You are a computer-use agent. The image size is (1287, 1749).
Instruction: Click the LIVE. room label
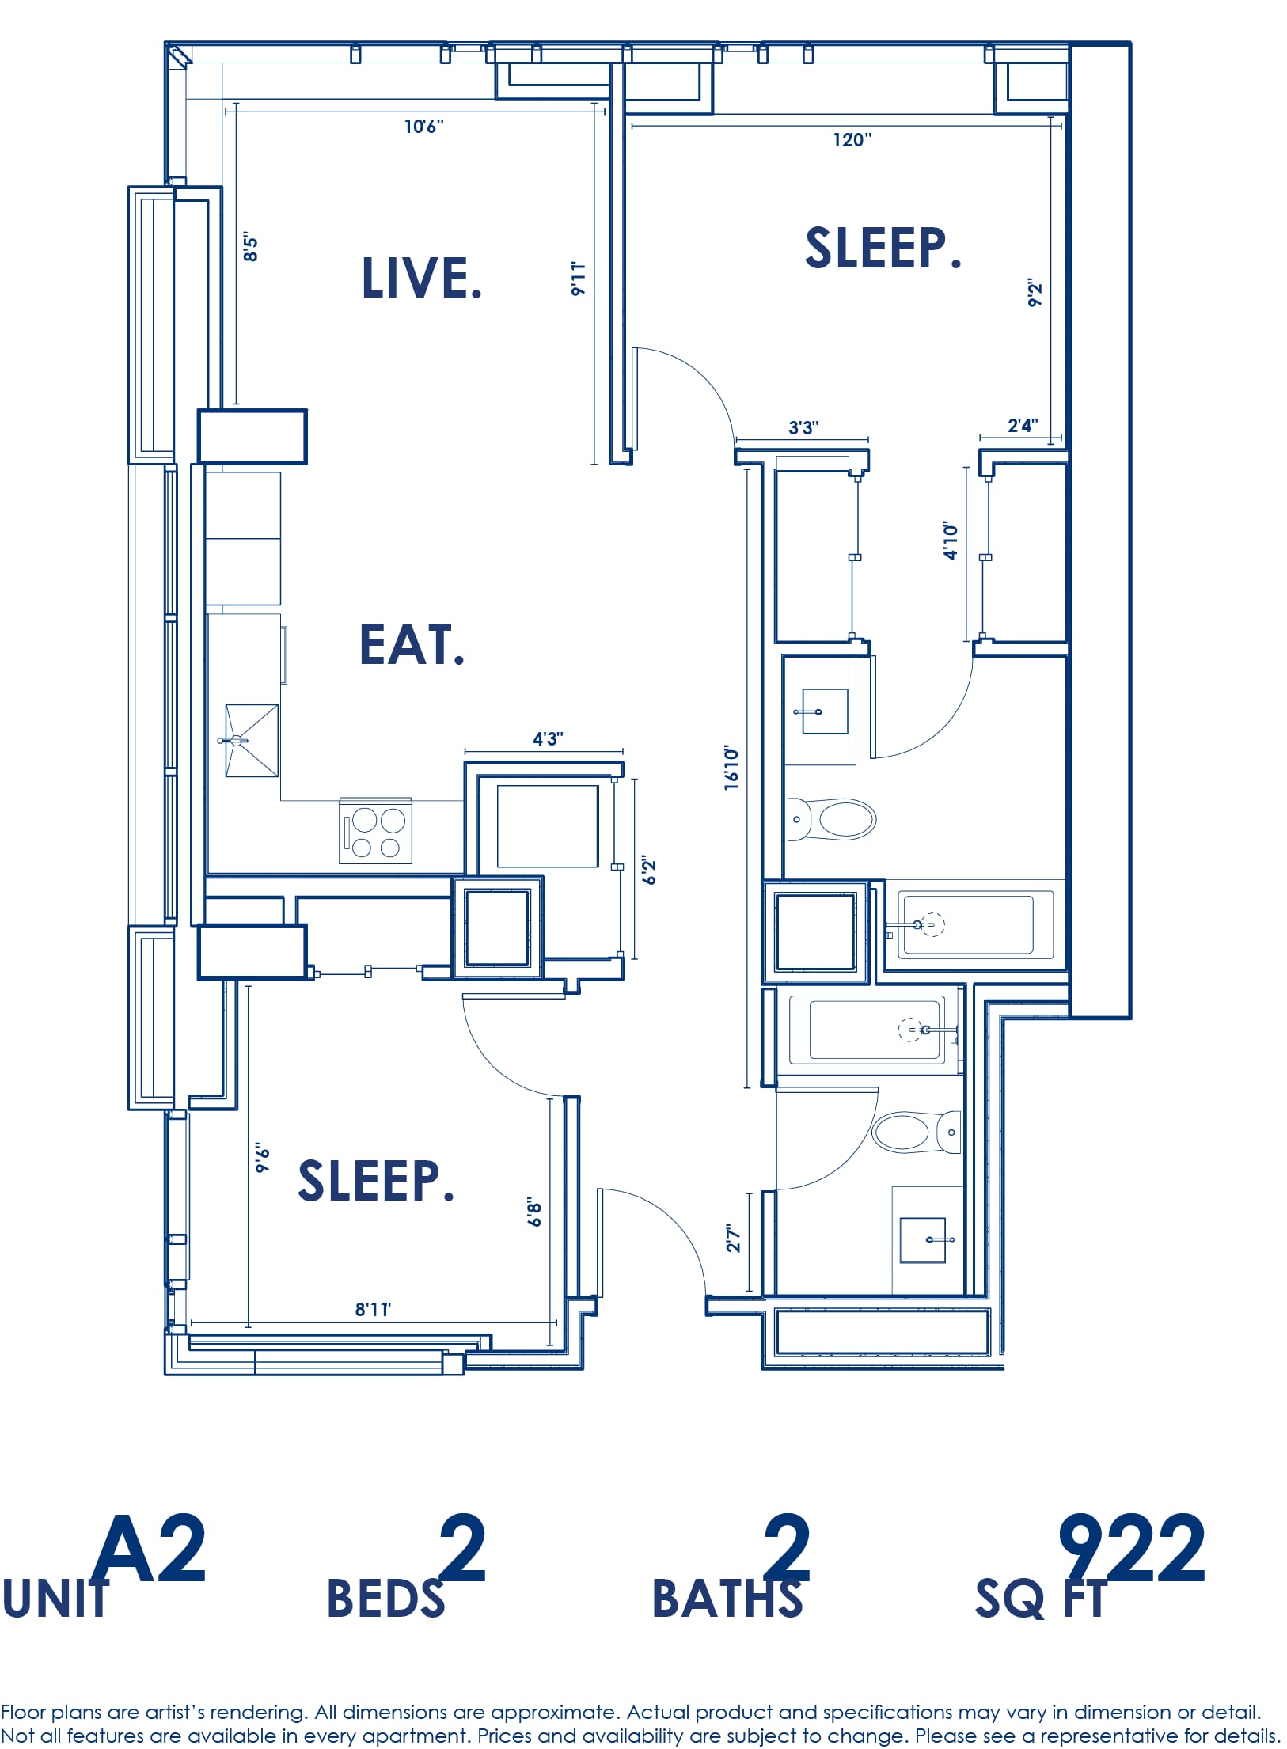point(422,278)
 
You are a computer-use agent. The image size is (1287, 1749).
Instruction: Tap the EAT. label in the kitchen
point(412,644)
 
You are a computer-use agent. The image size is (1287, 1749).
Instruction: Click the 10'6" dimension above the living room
point(424,127)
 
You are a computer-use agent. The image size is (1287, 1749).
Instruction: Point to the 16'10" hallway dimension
point(731,767)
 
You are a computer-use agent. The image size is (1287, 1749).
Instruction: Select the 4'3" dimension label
point(548,738)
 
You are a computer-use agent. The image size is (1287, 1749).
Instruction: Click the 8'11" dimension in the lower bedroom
point(373,1309)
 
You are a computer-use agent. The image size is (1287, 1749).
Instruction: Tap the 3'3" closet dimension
point(803,427)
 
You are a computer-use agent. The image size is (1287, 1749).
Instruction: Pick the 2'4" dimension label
point(1023,425)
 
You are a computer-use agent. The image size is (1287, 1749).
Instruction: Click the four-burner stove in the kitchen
point(375,831)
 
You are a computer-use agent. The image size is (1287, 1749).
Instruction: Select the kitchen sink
point(252,741)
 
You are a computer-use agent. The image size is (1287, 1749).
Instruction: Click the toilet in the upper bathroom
point(832,819)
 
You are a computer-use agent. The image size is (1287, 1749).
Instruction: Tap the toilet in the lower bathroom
point(916,1132)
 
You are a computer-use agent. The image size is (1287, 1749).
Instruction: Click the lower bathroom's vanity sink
point(924,1240)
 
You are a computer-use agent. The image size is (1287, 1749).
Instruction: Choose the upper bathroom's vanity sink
point(825,711)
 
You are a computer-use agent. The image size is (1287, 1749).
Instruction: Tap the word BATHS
point(727,1599)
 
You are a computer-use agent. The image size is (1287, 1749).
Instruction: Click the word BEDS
point(386,1599)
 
